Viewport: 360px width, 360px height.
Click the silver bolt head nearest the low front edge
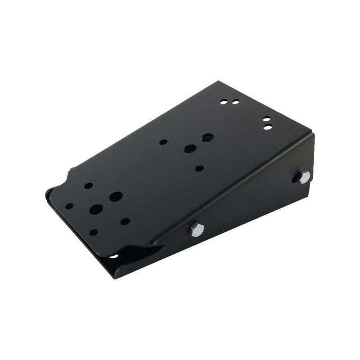tap(196, 229)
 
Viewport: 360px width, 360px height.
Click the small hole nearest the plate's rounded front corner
tap(70, 206)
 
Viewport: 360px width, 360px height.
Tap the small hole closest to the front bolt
tap(126, 221)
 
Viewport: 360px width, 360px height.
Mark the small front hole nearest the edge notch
tap(89, 185)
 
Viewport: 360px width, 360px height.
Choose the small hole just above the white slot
tap(94, 232)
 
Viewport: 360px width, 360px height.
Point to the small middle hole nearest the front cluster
tap(163, 142)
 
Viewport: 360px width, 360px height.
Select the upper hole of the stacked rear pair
tap(266, 120)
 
